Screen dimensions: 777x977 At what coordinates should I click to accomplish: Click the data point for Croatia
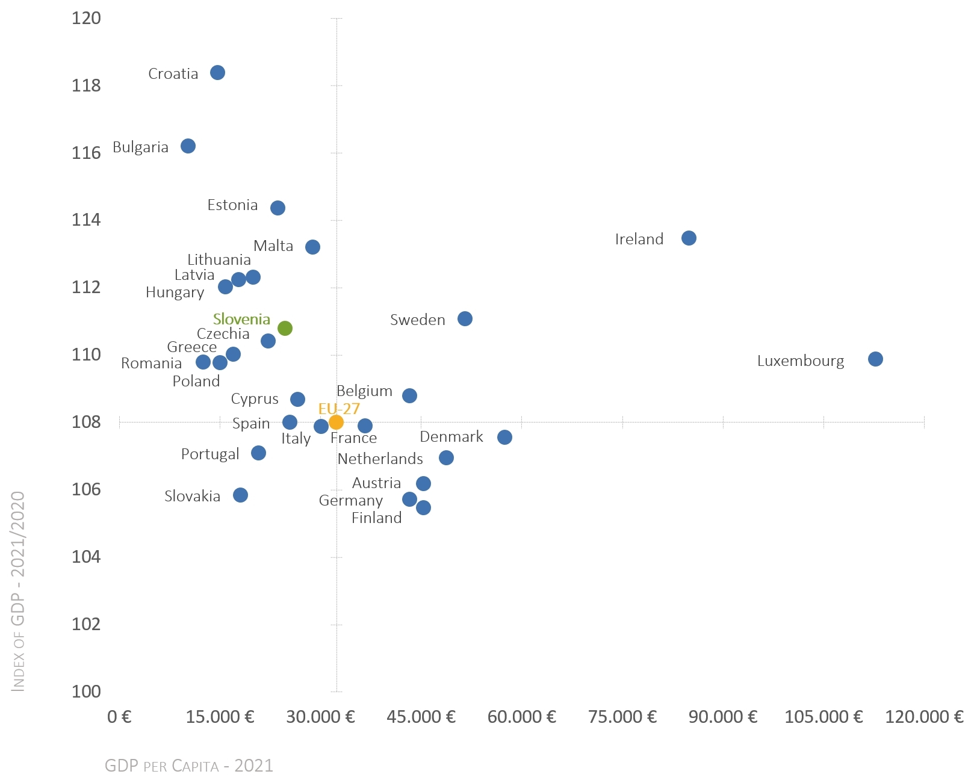pos(217,73)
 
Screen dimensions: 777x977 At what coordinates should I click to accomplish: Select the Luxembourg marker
pos(875,359)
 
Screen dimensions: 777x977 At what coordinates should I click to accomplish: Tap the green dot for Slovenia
pos(285,328)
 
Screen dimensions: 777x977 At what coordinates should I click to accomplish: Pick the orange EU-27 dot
pos(336,422)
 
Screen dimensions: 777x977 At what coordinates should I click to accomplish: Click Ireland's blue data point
pos(689,238)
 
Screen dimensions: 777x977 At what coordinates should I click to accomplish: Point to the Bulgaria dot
pos(188,146)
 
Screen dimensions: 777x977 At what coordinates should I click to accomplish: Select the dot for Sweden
pos(465,318)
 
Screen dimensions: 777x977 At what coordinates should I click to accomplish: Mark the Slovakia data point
pos(240,495)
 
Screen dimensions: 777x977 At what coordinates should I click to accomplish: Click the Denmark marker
pos(504,437)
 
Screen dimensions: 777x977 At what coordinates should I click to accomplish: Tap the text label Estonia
pos(232,205)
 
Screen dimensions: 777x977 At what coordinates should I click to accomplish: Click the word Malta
pos(273,246)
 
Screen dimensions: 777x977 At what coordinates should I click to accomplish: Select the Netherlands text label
pos(380,459)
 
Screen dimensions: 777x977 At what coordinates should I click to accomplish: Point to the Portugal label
pos(210,454)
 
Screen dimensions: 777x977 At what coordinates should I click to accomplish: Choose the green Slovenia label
pos(241,319)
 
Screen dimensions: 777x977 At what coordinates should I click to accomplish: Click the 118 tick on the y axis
pos(86,85)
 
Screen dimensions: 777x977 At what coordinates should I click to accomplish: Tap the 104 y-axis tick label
pos(86,557)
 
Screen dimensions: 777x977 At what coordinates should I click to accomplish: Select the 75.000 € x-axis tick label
pos(622,717)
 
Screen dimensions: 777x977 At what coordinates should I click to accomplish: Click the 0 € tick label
pos(119,717)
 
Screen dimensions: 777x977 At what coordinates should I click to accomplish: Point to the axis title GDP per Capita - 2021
pos(189,766)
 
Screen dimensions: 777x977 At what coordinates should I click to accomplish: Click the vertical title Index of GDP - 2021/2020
pos(19,591)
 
